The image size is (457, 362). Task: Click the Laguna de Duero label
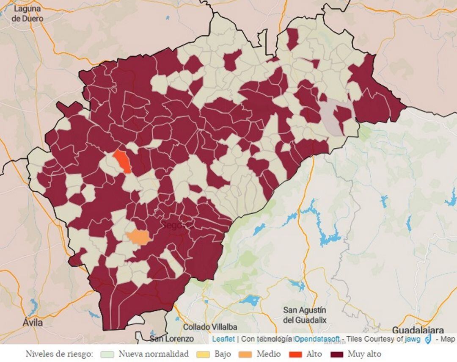[27, 13]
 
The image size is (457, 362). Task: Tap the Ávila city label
[33, 323]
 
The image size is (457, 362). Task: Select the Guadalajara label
[418, 330]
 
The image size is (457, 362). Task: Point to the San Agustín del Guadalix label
[305, 315]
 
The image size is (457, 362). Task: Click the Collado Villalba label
[210, 327]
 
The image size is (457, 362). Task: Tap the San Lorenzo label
[171, 339]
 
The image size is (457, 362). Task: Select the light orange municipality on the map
[138, 237]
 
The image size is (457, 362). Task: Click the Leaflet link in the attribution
[223, 339]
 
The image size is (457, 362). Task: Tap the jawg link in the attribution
[413, 339]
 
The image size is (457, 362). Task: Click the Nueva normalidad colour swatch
[108, 354]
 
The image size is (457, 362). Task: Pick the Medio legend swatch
[245, 354]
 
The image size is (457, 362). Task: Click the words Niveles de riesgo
[59, 354]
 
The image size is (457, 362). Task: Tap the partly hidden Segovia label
[172, 225]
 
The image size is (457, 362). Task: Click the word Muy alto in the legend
[364, 354]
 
